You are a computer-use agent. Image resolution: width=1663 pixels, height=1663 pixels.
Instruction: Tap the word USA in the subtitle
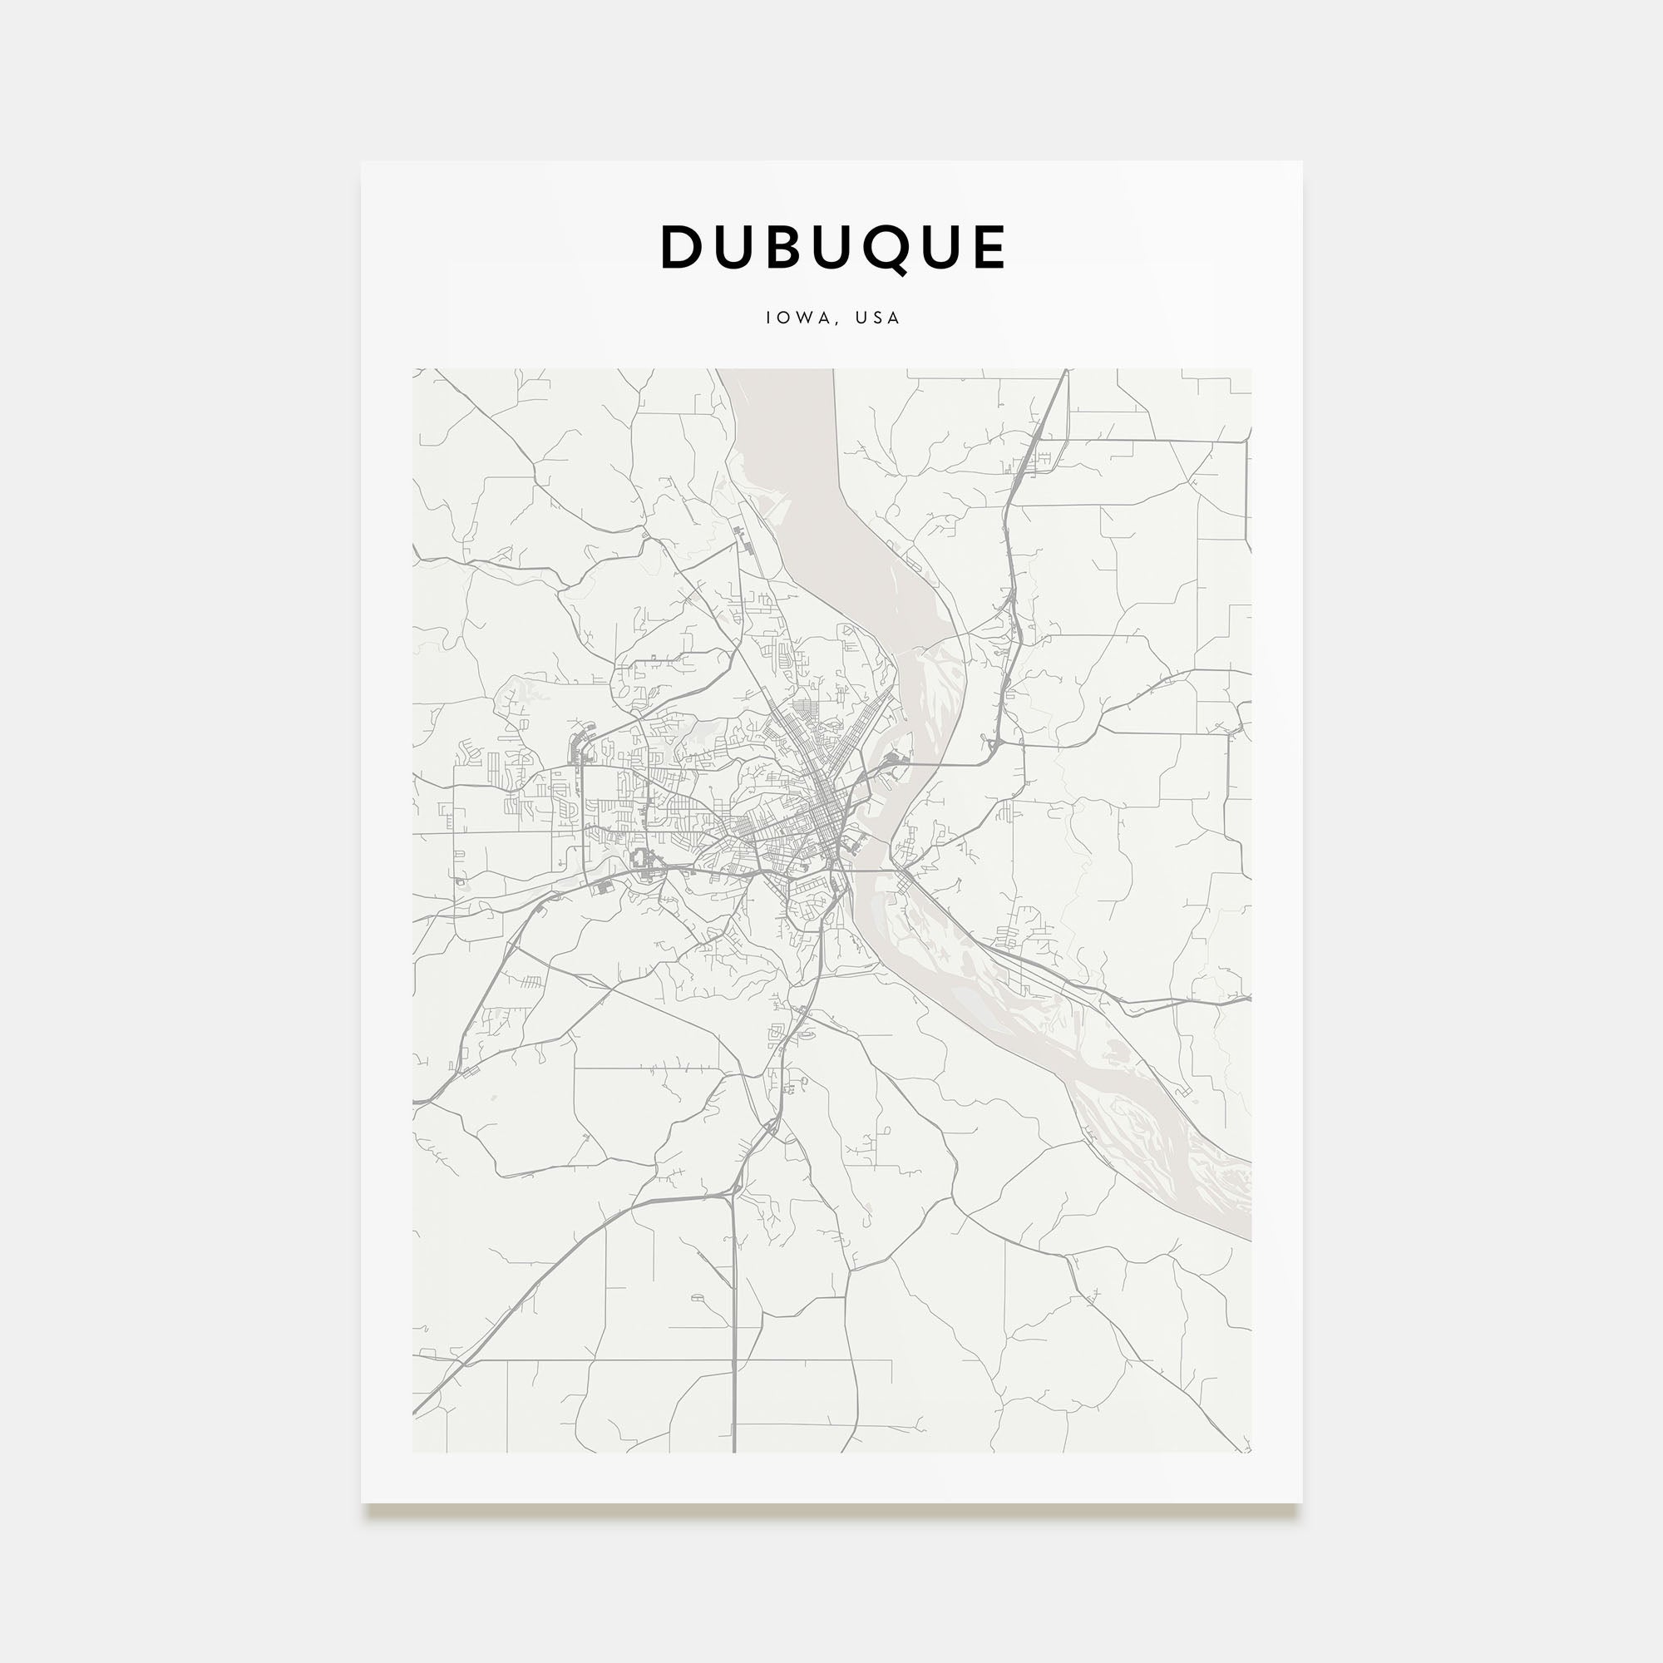tap(877, 318)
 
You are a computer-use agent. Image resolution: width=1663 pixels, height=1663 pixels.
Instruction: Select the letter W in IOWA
tap(804, 318)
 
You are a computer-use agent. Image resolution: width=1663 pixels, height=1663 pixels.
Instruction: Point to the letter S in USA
tap(878, 318)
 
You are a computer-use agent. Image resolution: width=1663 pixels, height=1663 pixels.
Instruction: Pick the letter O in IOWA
tap(784, 318)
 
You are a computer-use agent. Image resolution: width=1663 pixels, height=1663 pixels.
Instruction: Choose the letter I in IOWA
tap(768, 318)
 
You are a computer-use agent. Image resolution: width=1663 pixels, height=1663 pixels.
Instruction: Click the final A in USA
tap(895, 318)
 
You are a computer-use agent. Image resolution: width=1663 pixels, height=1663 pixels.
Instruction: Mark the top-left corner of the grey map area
tap(413, 369)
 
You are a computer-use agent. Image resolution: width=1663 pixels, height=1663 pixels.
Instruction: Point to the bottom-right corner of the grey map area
tap(1251, 1452)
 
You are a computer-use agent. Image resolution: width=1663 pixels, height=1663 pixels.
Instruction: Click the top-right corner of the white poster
tap(1301, 162)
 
